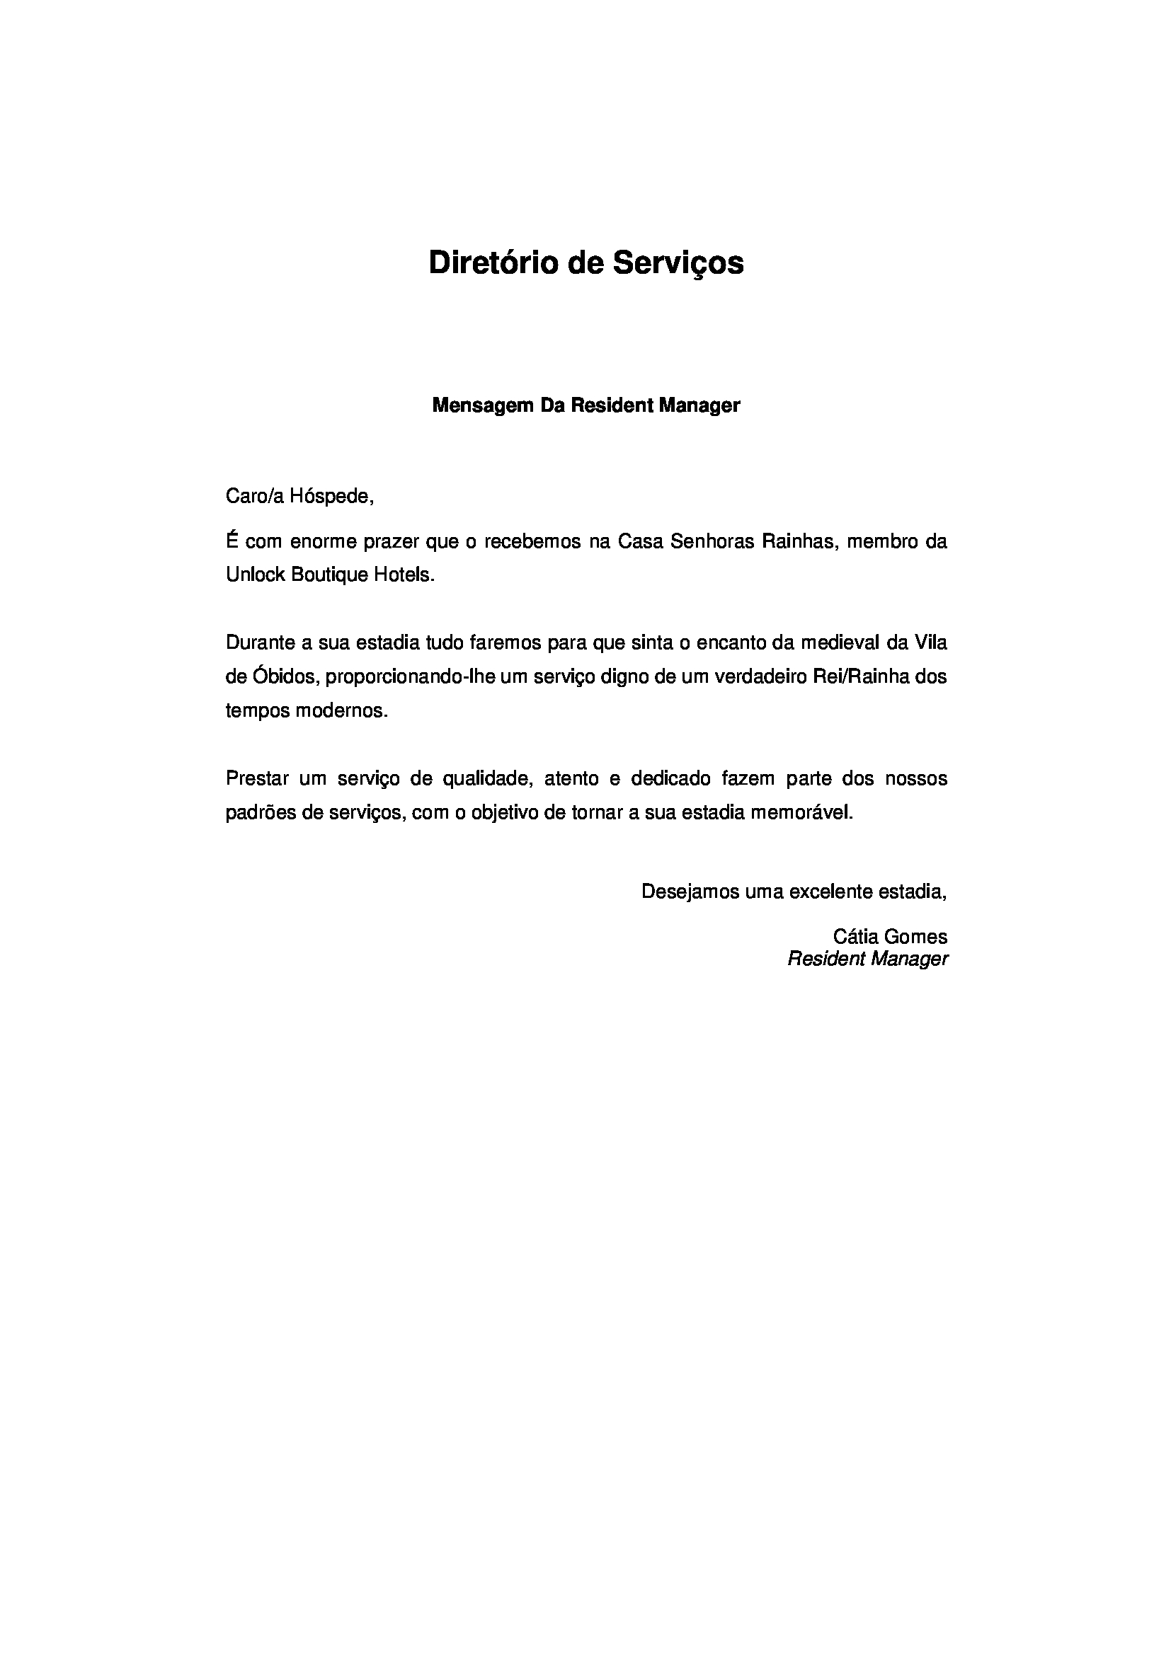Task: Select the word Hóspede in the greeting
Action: [x=331, y=497]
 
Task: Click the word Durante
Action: [x=257, y=642]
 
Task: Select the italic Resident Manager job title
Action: [x=867, y=959]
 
